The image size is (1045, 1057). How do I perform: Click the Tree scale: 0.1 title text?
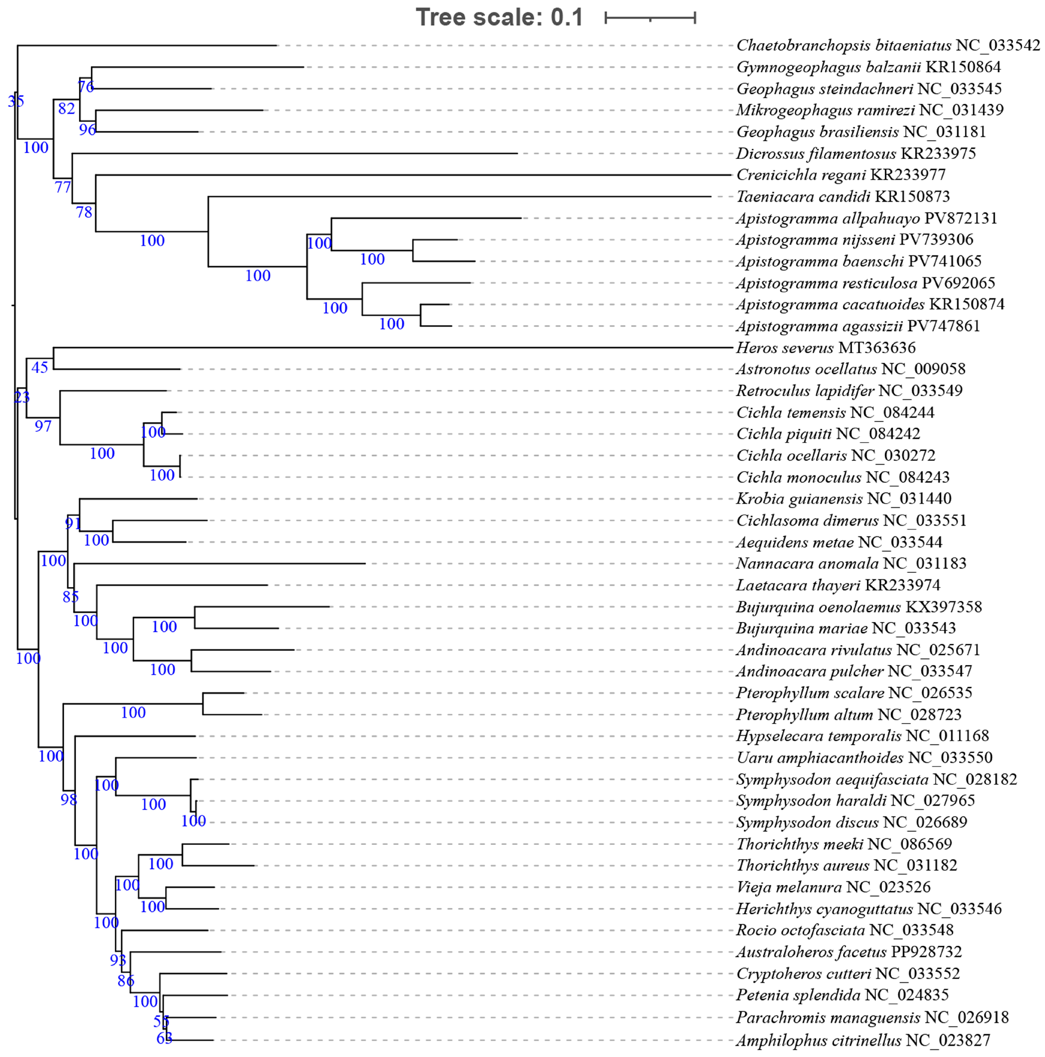pos(499,17)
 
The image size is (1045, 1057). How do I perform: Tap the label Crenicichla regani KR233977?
pos(840,175)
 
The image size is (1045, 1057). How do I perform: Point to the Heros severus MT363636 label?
pos(825,348)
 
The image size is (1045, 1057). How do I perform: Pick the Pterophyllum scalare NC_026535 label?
pos(853,693)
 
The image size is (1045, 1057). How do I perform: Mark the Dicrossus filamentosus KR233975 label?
pos(856,154)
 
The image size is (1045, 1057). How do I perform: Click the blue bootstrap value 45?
pos(39,368)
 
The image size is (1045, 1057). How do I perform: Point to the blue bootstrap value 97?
pos(43,426)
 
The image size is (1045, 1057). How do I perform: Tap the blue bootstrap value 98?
pos(68,800)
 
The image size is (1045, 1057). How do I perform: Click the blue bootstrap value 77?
pos(63,188)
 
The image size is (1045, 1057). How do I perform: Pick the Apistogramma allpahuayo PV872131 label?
pos(866,218)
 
